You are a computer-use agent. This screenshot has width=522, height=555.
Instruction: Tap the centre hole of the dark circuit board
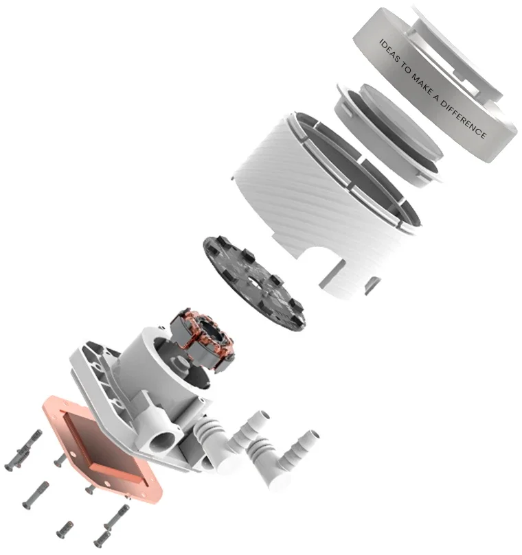253,281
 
